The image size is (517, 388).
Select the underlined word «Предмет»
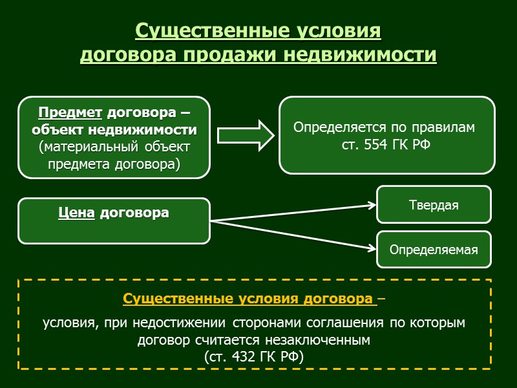tap(70, 113)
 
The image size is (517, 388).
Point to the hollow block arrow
tap(245, 135)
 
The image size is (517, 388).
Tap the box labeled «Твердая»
tap(434, 205)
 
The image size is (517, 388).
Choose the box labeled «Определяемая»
tap(434, 250)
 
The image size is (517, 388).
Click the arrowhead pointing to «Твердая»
tap(372, 206)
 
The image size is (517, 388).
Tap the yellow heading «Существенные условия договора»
tap(249, 299)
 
